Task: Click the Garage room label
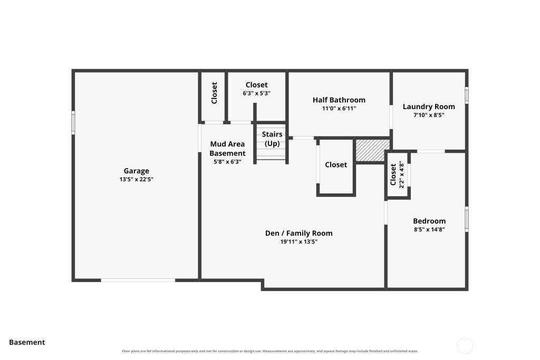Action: (x=137, y=171)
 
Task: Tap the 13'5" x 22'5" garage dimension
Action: (x=137, y=179)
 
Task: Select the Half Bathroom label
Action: (x=339, y=100)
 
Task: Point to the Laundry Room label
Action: (x=429, y=106)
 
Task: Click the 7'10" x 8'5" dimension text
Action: (x=429, y=115)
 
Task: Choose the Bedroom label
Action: (x=429, y=221)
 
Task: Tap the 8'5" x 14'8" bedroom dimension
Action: (x=429, y=230)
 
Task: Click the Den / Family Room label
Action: (x=299, y=233)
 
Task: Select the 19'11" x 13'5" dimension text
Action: (x=299, y=241)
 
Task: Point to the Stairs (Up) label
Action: (x=272, y=139)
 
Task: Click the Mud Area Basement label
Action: (x=227, y=149)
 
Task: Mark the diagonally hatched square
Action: (x=372, y=150)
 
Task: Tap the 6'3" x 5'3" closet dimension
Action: (x=257, y=93)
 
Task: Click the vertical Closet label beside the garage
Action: (x=214, y=93)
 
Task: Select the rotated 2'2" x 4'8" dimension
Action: (x=401, y=174)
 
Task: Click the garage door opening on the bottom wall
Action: (x=138, y=280)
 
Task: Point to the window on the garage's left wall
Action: (x=73, y=122)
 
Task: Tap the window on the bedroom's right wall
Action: (x=467, y=219)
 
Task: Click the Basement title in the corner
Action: (x=27, y=342)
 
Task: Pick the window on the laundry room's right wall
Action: (x=467, y=95)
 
